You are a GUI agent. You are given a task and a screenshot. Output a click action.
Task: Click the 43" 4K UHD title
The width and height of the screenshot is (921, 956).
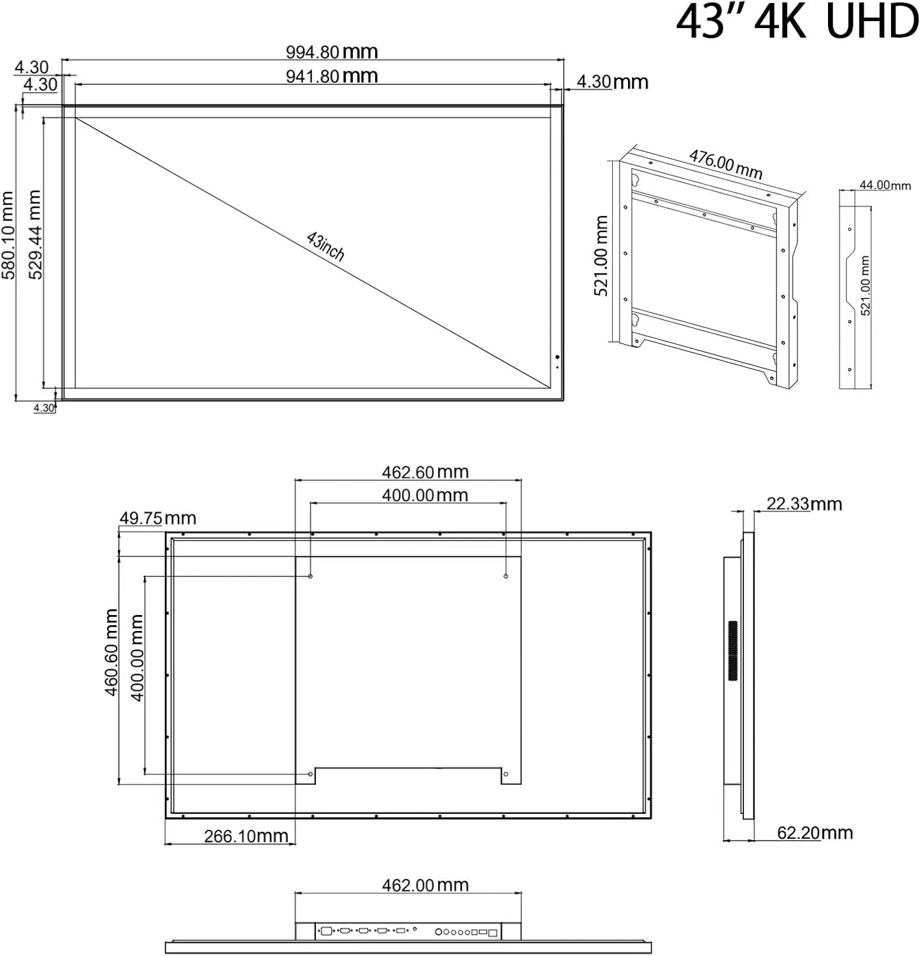[x=797, y=23]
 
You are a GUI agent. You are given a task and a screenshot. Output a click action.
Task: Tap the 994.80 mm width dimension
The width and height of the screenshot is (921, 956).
[x=331, y=52]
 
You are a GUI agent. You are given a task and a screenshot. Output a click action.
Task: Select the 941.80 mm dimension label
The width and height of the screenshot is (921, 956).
[x=331, y=76]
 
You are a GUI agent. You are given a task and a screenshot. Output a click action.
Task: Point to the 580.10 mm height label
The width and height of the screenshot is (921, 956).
[x=8, y=235]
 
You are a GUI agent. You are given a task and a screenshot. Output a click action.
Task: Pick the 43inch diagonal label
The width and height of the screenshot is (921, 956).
[x=325, y=246]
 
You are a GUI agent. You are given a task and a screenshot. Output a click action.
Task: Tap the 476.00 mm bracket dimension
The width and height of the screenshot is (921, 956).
[x=725, y=164]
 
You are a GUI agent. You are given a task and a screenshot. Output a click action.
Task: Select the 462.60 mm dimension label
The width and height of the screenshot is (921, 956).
[x=425, y=472]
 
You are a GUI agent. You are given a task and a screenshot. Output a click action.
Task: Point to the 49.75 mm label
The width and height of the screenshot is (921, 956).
[x=157, y=518]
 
